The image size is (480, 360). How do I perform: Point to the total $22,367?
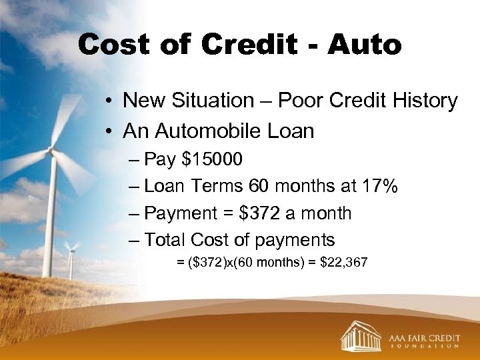[x=343, y=263]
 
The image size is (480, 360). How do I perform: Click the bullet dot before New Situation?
[x=107, y=101]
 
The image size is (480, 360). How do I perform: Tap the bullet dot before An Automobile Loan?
[x=107, y=131]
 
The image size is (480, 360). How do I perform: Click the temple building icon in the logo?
[x=360, y=335]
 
